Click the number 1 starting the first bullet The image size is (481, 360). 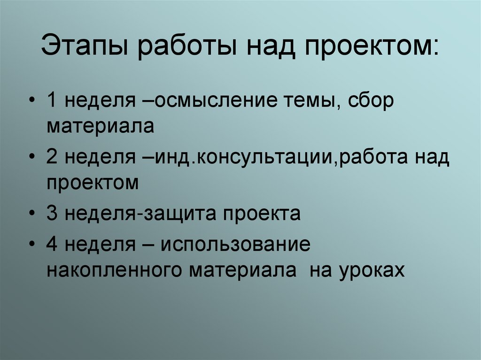coord(52,103)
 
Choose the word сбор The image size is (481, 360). coord(371,103)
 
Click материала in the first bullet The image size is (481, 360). coord(100,127)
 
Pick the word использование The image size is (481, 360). coord(235,245)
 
